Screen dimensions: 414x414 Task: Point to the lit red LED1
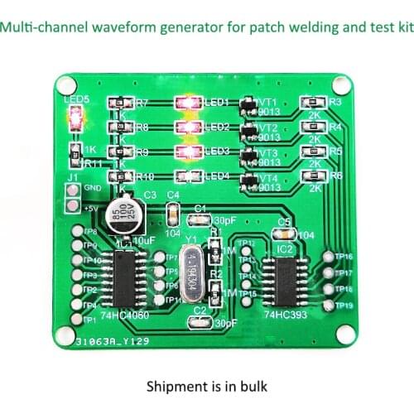coord(188,103)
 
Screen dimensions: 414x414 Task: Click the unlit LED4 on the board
coord(188,177)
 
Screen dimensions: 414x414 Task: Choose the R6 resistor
coord(314,176)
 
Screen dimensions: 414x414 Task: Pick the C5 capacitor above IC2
coord(284,234)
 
